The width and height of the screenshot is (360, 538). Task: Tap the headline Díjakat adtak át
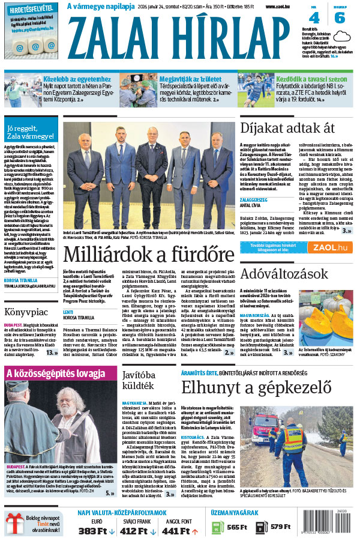pos(287,127)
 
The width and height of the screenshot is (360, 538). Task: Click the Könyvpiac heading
pos(26,312)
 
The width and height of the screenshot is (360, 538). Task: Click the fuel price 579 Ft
pos(284,527)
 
